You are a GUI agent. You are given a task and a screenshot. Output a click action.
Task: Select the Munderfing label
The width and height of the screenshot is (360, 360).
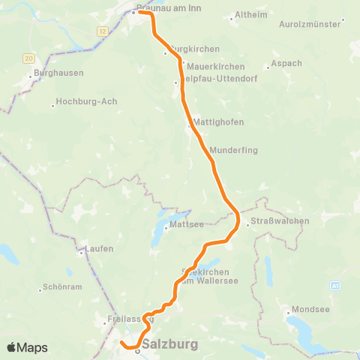[x=235, y=150]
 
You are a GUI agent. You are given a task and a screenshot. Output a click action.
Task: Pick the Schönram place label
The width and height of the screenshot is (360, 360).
[x=62, y=286]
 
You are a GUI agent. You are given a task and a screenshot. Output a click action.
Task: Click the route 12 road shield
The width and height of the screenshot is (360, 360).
[x=102, y=31]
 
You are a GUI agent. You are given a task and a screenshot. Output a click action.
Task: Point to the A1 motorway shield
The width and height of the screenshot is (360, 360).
[x=335, y=286]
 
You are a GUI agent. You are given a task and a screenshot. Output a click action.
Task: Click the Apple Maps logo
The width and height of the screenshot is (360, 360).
[x=27, y=348]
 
